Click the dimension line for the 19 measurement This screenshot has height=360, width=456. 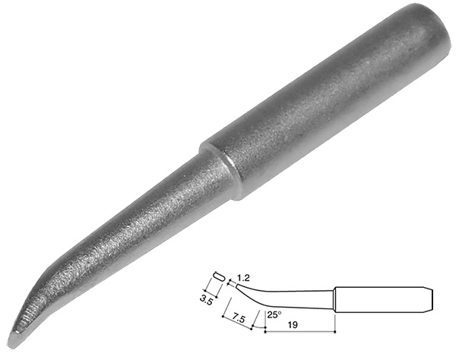299,331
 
